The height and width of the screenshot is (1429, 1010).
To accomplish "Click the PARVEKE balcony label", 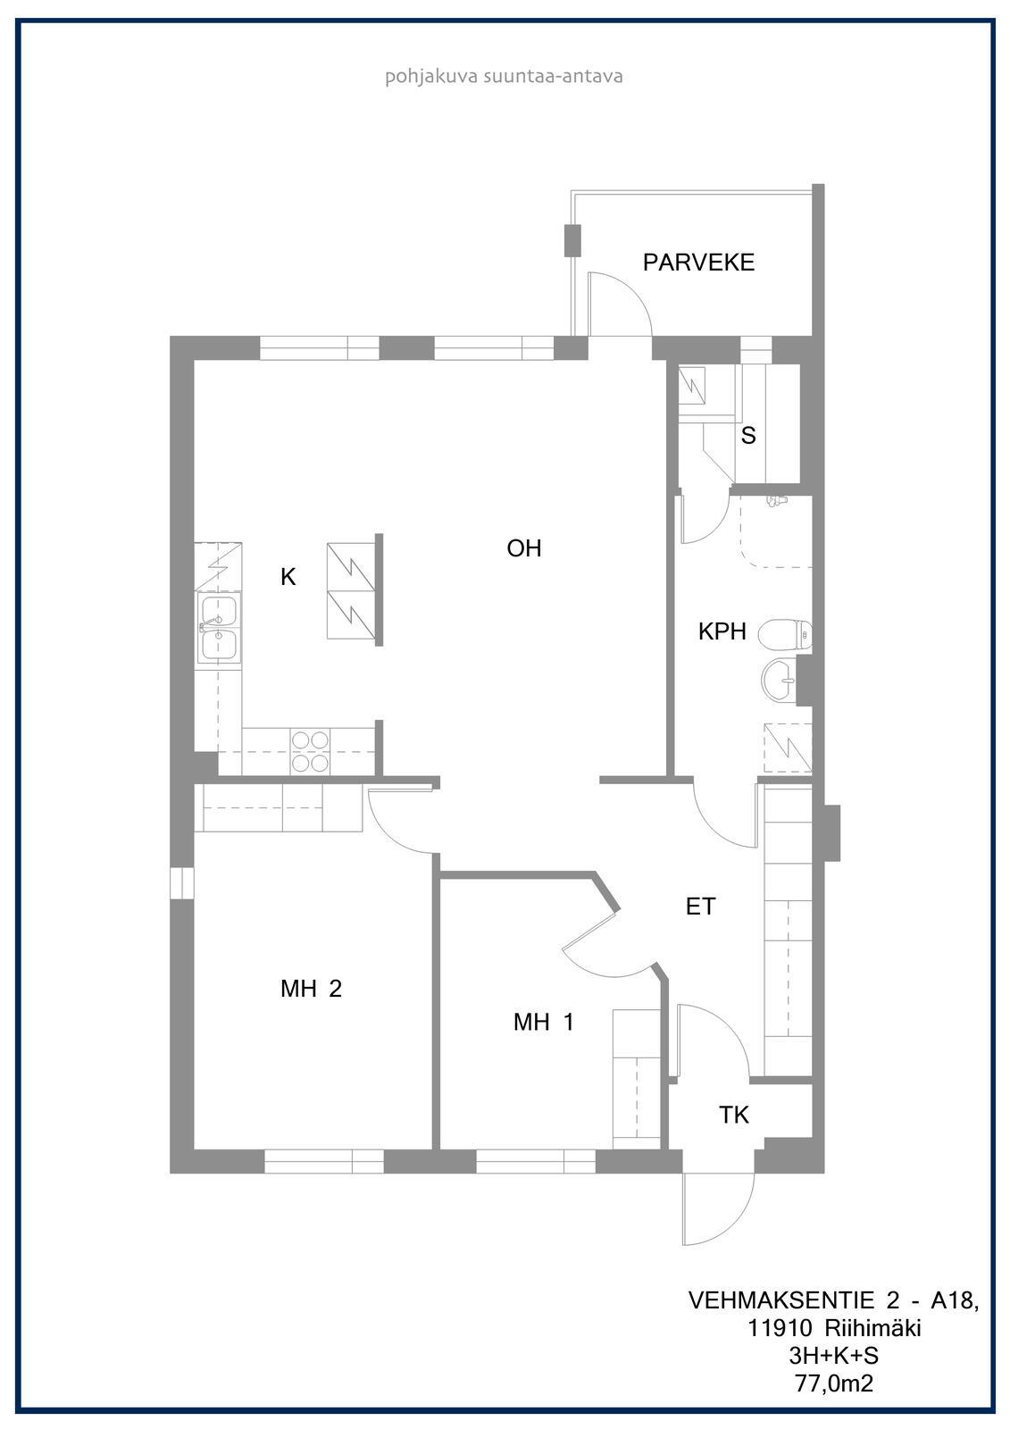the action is tap(698, 263).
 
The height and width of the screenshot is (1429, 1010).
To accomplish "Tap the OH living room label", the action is tap(524, 548).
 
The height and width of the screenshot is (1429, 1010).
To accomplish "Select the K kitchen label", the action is tap(288, 577).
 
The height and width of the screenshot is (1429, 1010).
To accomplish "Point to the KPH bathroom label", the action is tap(722, 631).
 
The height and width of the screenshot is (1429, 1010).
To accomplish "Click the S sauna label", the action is tap(748, 435).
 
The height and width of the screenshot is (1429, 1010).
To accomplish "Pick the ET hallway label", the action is tap(700, 906).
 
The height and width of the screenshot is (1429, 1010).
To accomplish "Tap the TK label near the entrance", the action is tap(734, 1115).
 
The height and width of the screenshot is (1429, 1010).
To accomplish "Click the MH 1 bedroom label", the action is tap(544, 1022).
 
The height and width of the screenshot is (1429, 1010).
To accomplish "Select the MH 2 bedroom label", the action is tap(312, 988).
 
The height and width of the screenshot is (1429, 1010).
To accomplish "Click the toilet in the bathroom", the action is tap(785, 634).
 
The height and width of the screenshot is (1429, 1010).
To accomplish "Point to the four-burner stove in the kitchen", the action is tap(310, 752).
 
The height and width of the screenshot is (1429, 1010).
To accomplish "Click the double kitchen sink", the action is tap(219, 628).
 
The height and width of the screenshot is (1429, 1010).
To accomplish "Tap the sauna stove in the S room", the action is tap(692, 385).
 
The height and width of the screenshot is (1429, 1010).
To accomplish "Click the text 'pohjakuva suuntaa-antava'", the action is tap(504, 77).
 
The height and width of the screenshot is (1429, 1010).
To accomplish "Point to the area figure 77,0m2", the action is tap(833, 1383).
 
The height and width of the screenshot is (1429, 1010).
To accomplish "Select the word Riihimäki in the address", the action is tap(872, 1328).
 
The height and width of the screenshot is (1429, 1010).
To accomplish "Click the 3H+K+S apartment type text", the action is tap(833, 1356).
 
